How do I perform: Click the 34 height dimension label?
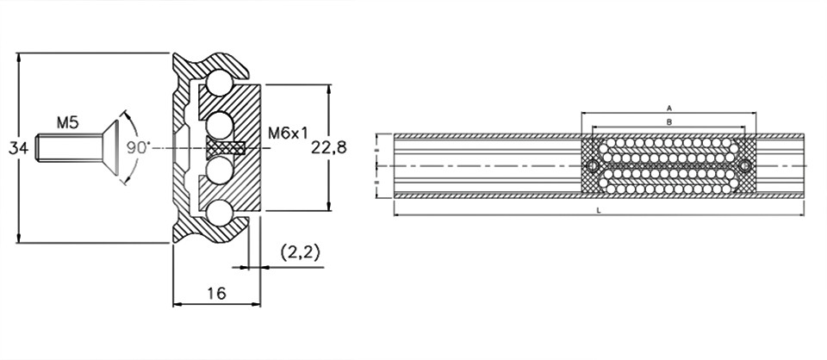18,149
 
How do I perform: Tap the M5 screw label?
68,123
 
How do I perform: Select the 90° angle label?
139,147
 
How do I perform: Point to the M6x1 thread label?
288,133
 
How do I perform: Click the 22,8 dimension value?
329,148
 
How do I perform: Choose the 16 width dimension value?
217,293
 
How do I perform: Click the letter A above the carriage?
668,108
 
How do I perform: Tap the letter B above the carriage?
668,122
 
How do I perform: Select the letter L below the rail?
598,210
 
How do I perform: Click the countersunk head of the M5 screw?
109,148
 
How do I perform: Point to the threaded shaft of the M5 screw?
69,148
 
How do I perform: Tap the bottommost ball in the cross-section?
220,214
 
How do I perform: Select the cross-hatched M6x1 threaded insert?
225,148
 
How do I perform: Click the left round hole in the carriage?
593,166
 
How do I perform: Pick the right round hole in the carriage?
744,166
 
